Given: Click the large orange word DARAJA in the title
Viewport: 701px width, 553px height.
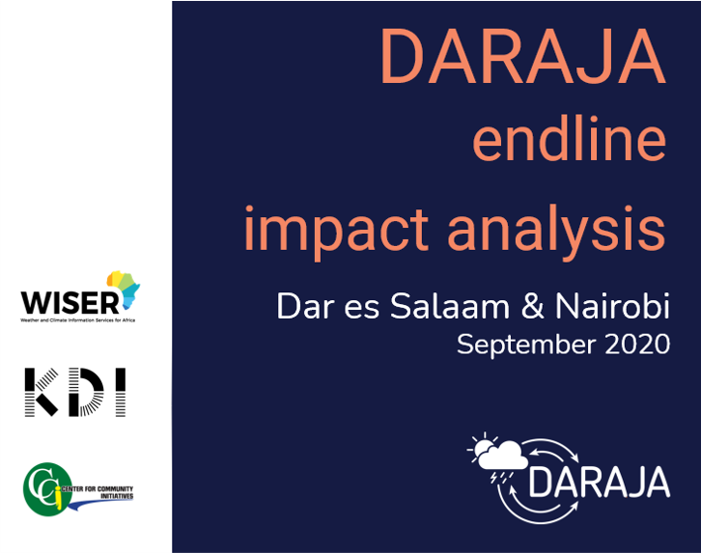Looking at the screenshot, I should pos(522,58).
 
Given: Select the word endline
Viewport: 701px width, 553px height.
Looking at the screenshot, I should pos(569,141).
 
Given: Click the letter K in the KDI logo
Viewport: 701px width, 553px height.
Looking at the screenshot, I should pos(40,392).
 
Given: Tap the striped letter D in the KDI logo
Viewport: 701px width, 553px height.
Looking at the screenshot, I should pos(82,392).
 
